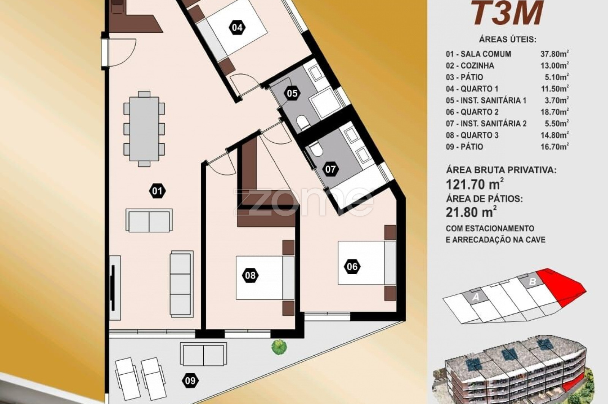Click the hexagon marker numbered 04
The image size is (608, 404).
click(237, 27)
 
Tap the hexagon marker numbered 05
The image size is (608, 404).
click(292, 93)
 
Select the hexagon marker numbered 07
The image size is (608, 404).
click(331, 169)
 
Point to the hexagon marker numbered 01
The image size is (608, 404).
click(157, 191)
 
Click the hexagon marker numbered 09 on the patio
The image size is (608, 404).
click(190, 381)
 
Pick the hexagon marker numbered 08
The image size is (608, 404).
click(250, 275)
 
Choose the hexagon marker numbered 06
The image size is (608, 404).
click(352, 267)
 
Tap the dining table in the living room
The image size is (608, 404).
click(144, 129)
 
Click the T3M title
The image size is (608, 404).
click(508, 13)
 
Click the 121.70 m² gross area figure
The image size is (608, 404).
click(475, 185)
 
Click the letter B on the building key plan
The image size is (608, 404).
click(532, 282)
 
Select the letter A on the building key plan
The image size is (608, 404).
click(475, 297)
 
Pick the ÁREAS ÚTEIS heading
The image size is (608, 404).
click(508, 40)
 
